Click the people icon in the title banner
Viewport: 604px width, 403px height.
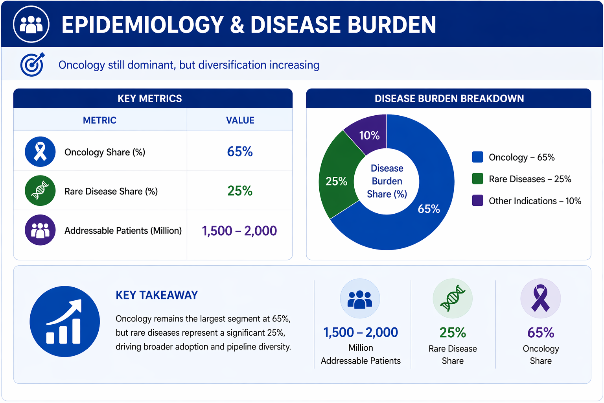pos(31,24)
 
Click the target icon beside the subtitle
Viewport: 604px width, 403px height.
pos(32,65)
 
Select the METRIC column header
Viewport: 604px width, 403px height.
pos(100,120)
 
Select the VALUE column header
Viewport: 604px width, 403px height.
pos(240,120)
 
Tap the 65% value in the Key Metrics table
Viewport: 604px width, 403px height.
pos(240,152)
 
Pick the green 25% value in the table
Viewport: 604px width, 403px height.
pos(240,191)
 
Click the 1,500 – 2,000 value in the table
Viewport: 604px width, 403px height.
pos(239,231)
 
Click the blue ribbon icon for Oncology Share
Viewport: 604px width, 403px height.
pos(40,152)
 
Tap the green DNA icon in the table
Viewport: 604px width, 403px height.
pos(40,191)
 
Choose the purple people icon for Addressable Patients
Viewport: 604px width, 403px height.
pos(40,230)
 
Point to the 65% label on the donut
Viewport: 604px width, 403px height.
pos(429,209)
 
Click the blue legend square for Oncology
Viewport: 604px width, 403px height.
pos(477,157)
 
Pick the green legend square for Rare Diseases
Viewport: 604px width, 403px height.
pos(477,179)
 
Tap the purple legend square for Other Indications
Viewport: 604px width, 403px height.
pos(477,201)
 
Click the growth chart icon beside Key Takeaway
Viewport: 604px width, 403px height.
pos(65,322)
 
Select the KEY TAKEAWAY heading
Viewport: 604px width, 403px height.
pos(157,295)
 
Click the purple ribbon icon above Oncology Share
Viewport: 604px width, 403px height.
pos(540,299)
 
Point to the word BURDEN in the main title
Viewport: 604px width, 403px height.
pos(392,24)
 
